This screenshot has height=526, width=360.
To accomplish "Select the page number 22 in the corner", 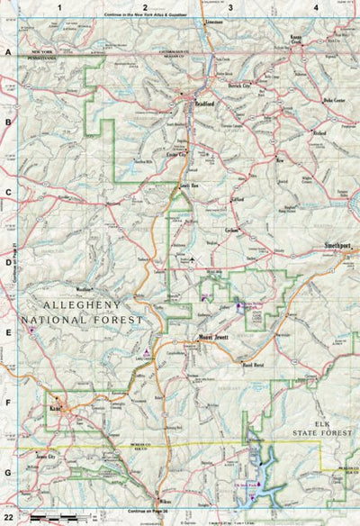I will (10, 519).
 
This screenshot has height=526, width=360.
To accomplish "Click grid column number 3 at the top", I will (230, 7).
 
